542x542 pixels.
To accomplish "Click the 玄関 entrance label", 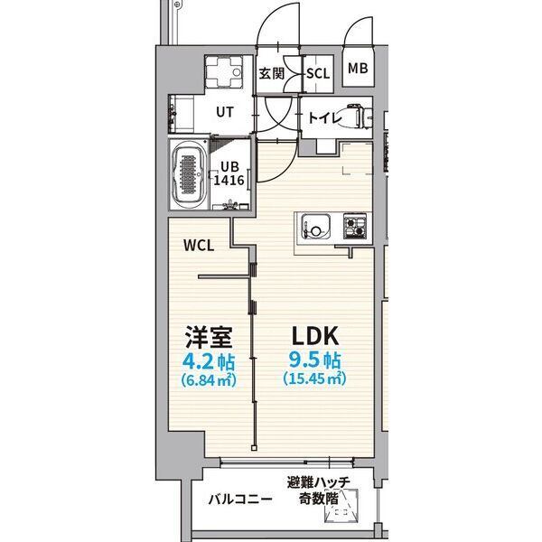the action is pyautogui.click(x=272, y=73).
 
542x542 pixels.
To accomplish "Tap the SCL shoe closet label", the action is pyautogui.click(x=318, y=73).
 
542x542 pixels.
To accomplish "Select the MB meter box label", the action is pyautogui.click(x=358, y=69).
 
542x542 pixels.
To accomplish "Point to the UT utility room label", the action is pyautogui.click(x=225, y=112).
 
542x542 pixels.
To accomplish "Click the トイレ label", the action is pyautogui.click(x=325, y=118).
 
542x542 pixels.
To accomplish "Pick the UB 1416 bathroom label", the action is pyautogui.click(x=229, y=173).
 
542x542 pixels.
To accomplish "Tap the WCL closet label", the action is pyautogui.click(x=199, y=246).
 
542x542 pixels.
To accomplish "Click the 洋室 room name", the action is pyautogui.click(x=209, y=336).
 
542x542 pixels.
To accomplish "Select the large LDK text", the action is pyautogui.click(x=315, y=336).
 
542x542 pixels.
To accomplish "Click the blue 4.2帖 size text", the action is pyautogui.click(x=209, y=361).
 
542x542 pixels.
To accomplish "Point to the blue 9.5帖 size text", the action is pyautogui.click(x=315, y=360).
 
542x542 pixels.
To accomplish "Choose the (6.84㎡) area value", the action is pyautogui.click(x=209, y=380).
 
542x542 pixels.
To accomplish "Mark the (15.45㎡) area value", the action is pyautogui.click(x=314, y=378).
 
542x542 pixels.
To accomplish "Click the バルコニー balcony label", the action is pyautogui.click(x=240, y=500).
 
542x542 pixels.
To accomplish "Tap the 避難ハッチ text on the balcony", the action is pyautogui.click(x=318, y=482).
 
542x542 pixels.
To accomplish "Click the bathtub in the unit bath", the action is pyautogui.click(x=190, y=174).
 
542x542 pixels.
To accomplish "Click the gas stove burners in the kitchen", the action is pyautogui.click(x=355, y=226).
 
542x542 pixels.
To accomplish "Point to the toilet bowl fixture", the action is pyautogui.click(x=359, y=117).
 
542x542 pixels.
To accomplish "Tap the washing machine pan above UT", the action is pyautogui.click(x=224, y=72).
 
